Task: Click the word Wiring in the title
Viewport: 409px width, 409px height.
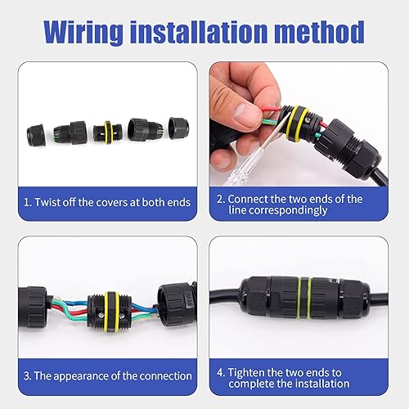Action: point(83,33)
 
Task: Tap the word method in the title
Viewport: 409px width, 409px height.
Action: point(319,32)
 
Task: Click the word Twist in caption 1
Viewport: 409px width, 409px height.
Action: point(47,202)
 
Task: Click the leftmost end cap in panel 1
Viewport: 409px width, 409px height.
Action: point(36,135)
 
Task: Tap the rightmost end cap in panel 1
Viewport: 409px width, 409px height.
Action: point(178,128)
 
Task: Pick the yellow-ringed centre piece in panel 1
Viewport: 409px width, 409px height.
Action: point(106,133)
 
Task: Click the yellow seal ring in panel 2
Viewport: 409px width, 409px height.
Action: point(298,123)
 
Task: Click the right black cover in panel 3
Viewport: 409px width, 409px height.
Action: point(177,304)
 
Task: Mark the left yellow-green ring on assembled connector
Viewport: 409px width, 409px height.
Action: point(299,298)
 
